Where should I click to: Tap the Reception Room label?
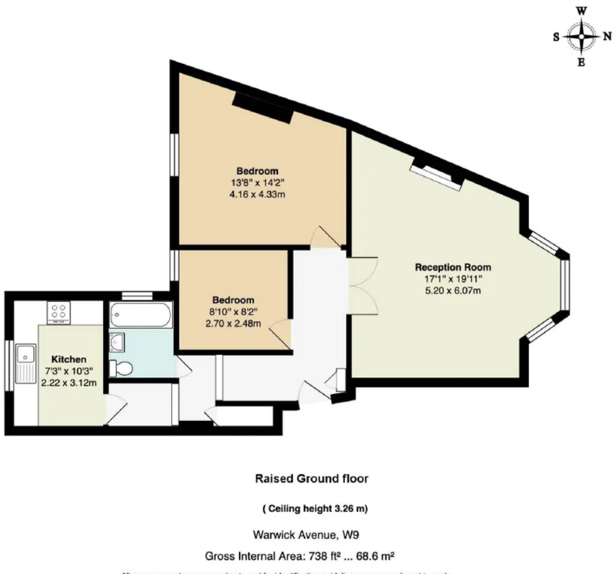click(453, 267)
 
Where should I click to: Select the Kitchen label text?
click(68, 359)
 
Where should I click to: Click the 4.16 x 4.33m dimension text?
click(258, 194)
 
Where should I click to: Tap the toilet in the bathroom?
click(120, 368)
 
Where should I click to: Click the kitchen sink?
click(26, 355)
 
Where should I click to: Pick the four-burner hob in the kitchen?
click(60, 312)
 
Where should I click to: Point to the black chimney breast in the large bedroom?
click(261, 107)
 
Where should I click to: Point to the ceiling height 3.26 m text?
click(315, 509)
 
